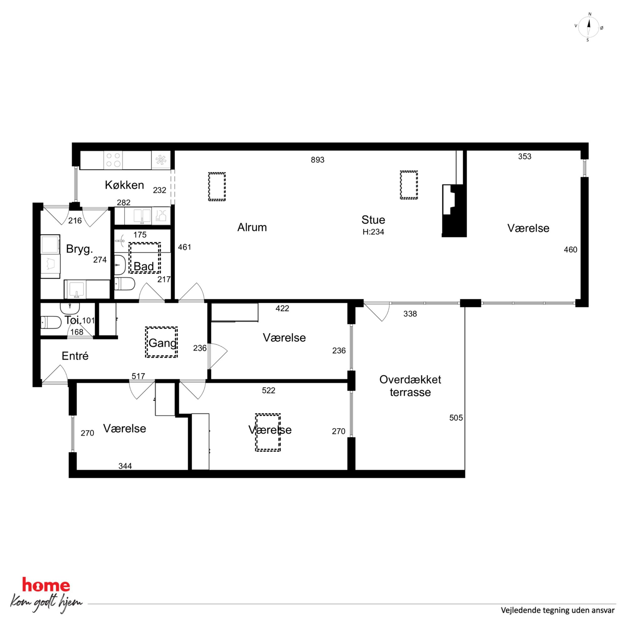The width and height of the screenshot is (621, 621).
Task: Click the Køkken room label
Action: point(124,185)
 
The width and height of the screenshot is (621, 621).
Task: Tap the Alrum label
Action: point(252,228)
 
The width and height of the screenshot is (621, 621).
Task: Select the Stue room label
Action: point(373,220)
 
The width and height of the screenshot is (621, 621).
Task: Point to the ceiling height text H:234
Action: point(373,232)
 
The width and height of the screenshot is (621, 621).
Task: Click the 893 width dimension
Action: point(318,160)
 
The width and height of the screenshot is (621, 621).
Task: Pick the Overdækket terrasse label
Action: point(410,386)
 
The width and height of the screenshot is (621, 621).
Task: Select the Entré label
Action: point(75,356)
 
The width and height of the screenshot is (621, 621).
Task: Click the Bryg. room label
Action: point(80,249)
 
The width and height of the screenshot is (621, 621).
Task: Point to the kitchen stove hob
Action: point(113,160)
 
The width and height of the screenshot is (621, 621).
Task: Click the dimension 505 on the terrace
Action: point(456,418)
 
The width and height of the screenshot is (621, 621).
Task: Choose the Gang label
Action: point(162,343)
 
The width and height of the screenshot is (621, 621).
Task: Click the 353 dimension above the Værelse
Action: point(525,157)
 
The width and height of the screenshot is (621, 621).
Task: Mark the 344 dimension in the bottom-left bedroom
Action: point(125,466)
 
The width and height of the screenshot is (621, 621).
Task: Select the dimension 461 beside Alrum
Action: point(184,247)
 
